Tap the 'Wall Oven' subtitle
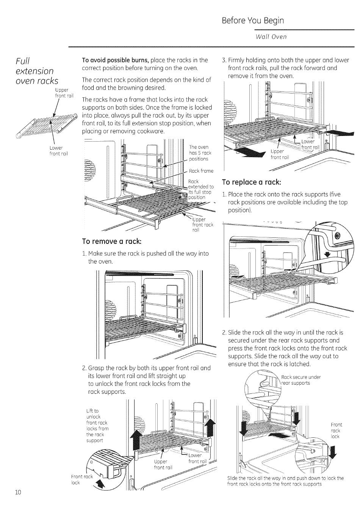pos(271,37)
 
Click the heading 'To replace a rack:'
pos(252,182)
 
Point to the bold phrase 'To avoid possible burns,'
pos(116,60)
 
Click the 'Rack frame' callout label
pos(201,171)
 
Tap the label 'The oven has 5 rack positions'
pos(199,153)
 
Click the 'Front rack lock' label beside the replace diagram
pos(335,431)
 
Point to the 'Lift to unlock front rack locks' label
pos(97,426)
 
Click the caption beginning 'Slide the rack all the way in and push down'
pos(285,481)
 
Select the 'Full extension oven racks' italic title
pos(37,71)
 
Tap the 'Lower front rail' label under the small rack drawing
pos(58,150)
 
